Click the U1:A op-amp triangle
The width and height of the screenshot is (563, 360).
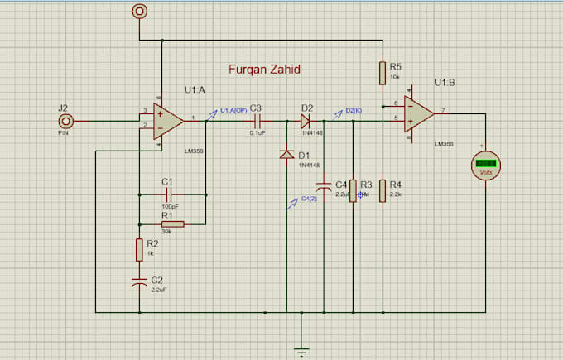(x=169, y=121)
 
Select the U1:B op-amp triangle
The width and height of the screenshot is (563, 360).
(x=419, y=112)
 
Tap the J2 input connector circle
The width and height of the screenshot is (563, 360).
(x=65, y=121)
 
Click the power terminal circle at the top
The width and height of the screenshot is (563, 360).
(x=139, y=11)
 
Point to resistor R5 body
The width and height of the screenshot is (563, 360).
(x=382, y=72)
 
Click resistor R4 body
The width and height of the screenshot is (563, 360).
(x=382, y=190)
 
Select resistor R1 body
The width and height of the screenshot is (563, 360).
(x=172, y=223)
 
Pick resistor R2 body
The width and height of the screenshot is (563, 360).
(x=139, y=249)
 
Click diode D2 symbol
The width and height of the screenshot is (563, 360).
(x=306, y=121)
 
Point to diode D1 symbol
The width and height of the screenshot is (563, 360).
(x=286, y=155)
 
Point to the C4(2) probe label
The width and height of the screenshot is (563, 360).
(x=308, y=199)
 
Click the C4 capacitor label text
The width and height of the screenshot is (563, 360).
(x=340, y=184)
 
